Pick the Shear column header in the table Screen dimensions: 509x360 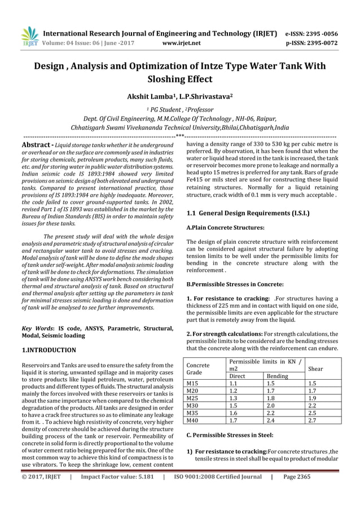tap(315, 368)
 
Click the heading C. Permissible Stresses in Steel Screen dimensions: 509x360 tap(230, 436)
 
